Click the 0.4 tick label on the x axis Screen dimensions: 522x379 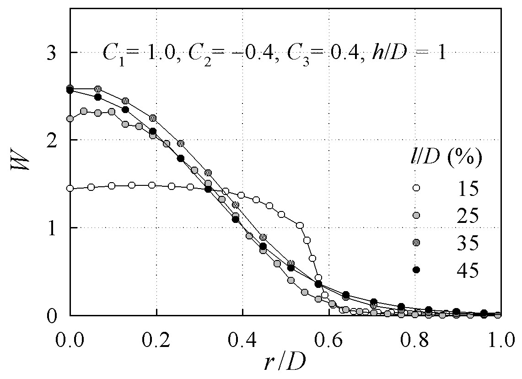coord(242,341)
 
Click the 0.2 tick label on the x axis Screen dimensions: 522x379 coord(156,341)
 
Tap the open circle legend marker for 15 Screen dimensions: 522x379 coord(416,188)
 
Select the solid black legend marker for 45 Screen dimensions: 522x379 coord(416,270)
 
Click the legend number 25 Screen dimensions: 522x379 coord(468,216)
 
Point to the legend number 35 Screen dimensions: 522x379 coord(468,243)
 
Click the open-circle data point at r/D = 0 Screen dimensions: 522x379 coord(70,189)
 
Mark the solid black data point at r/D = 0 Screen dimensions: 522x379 coord(70,90)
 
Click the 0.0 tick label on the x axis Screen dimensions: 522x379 coord(70,341)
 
